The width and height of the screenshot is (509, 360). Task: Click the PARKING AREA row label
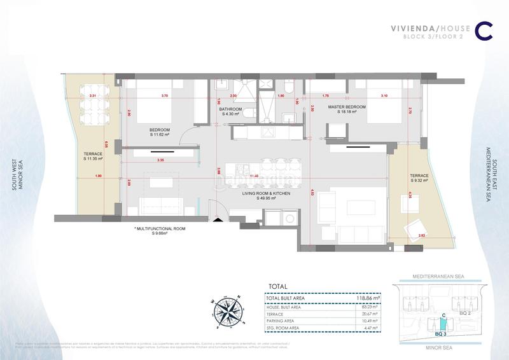285,321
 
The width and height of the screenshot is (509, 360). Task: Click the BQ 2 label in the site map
466,313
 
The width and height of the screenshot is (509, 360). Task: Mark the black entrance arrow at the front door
218,220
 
